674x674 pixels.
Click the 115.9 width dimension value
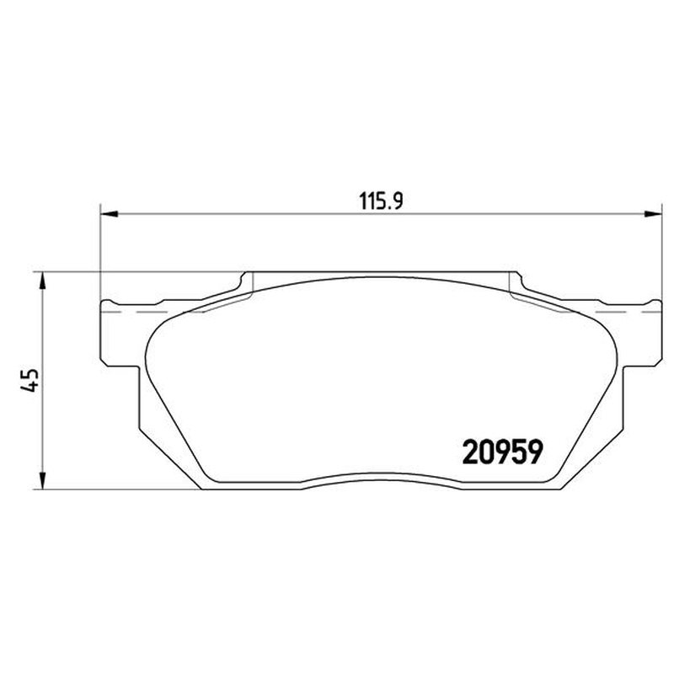pos(381,201)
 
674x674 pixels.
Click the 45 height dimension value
pos(29,381)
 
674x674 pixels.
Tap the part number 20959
pos(502,452)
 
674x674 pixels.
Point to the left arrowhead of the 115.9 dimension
pos(109,214)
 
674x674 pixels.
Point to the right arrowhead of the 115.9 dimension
pos(652,214)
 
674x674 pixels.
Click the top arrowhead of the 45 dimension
pos(42,281)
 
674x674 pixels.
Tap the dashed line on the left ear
pos(155,311)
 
